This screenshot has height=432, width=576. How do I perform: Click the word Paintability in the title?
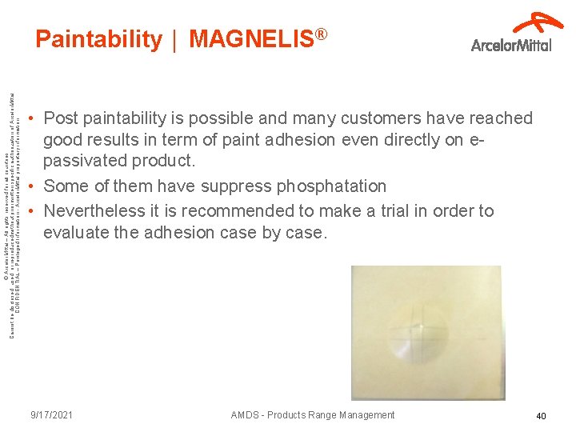coord(98,39)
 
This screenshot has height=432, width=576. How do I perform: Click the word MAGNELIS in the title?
coord(250,39)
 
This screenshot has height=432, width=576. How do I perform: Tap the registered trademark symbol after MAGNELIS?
coord(321,34)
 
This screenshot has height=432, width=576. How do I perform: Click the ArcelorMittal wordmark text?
coord(511,45)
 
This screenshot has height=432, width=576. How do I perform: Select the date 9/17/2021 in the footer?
coord(52,415)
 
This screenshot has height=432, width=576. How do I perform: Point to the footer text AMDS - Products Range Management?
coord(312,415)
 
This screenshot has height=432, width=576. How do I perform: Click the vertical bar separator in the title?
coord(175,39)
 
